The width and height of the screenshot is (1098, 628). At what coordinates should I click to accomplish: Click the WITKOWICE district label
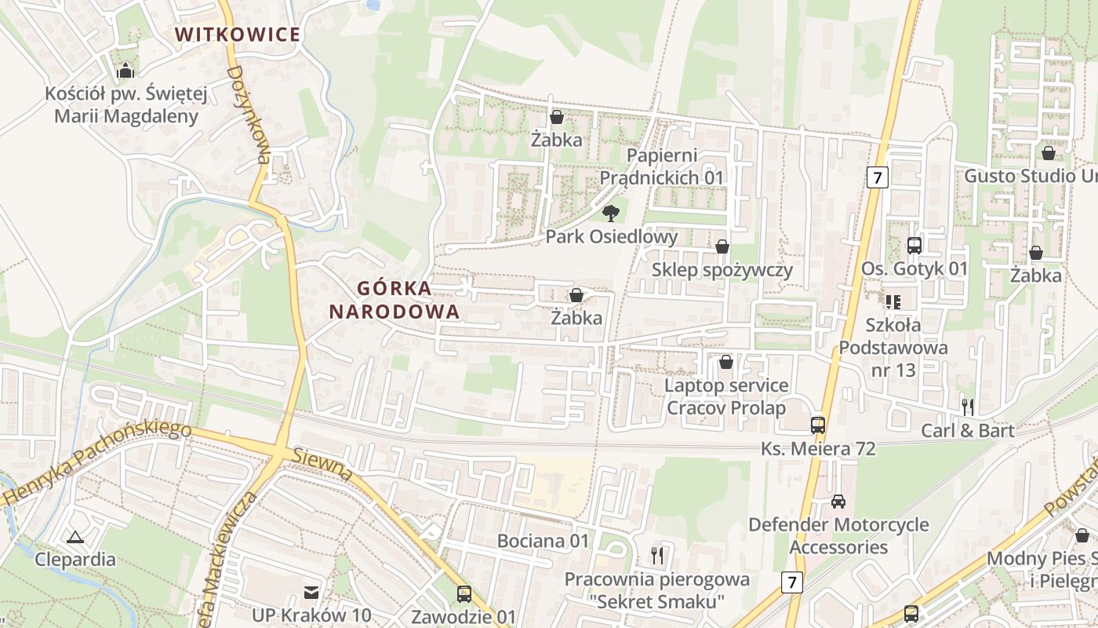pyautogui.click(x=238, y=35)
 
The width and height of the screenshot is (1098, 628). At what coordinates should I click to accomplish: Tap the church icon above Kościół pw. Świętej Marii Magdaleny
pyautogui.click(x=125, y=71)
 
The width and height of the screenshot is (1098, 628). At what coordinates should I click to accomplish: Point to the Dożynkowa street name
pyautogui.click(x=249, y=115)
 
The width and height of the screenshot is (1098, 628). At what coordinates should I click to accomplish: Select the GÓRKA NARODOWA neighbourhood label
pyautogui.click(x=394, y=299)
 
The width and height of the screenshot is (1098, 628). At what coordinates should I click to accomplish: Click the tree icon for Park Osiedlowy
pyautogui.click(x=610, y=213)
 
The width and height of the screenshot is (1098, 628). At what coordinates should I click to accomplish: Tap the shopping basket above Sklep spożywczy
pyautogui.click(x=722, y=246)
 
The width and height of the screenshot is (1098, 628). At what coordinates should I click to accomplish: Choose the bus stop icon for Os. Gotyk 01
pyautogui.click(x=914, y=245)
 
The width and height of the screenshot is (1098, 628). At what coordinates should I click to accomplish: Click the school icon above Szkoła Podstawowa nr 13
pyautogui.click(x=893, y=301)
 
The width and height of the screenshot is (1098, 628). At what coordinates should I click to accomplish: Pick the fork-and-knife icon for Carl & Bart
pyautogui.click(x=968, y=407)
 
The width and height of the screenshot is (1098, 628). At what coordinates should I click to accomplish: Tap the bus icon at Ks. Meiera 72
pyautogui.click(x=818, y=425)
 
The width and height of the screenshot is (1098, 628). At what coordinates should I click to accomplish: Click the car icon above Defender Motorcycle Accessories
pyautogui.click(x=838, y=501)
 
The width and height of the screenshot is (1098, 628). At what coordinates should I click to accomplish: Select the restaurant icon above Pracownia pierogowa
pyautogui.click(x=657, y=556)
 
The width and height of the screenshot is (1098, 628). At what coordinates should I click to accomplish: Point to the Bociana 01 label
pyautogui.click(x=543, y=541)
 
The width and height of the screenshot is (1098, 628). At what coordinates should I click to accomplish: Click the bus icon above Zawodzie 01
pyautogui.click(x=464, y=593)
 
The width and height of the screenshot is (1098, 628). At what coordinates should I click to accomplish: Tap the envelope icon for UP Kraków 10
pyautogui.click(x=311, y=591)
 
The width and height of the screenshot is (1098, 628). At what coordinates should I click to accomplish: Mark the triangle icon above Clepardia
pyautogui.click(x=75, y=537)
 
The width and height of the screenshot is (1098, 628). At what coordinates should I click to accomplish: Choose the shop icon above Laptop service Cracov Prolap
pyautogui.click(x=726, y=362)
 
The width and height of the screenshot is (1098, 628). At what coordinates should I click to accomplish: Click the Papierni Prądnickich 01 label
pyautogui.click(x=662, y=166)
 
